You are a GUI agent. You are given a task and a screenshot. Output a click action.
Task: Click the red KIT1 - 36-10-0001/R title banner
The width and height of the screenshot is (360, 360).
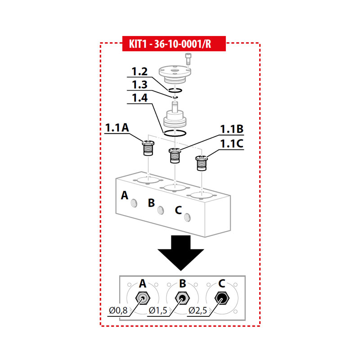point(174,44)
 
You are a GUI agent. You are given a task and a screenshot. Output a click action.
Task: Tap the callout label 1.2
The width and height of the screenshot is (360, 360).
point(139,72)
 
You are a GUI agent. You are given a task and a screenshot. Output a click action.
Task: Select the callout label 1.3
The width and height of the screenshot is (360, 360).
point(139,85)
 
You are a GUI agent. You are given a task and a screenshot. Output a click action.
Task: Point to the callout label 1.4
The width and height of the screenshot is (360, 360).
point(140,98)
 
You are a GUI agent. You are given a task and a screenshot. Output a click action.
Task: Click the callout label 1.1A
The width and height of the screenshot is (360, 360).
point(117,128)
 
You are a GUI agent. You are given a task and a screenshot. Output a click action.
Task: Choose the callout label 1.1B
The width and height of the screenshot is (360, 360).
point(232,129)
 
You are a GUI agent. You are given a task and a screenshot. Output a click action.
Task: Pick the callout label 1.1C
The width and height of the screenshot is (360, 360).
point(232,144)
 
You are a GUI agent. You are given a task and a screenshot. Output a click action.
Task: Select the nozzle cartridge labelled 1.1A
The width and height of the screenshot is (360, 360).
point(148,148)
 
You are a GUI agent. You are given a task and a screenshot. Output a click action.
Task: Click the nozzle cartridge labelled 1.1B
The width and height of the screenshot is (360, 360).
point(175,155)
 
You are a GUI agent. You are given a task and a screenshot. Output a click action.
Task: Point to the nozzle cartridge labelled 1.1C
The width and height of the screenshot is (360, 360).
point(202,163)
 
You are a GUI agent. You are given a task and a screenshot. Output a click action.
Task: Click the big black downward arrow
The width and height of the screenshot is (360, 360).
point(181,253)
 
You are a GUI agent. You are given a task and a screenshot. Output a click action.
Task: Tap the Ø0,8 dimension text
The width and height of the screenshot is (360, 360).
point(118,310)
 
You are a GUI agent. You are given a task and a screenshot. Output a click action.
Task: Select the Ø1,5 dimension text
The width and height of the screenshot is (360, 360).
point(158,310)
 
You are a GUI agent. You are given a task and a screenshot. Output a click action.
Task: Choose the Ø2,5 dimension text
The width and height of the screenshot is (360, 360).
point(198,310)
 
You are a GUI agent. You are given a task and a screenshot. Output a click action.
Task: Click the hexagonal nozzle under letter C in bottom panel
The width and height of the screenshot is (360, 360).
point(222,298)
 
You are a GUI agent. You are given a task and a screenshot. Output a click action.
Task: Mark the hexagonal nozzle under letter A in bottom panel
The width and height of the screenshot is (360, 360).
point(143,298)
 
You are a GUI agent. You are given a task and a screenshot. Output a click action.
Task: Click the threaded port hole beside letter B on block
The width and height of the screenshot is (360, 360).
point(161,210)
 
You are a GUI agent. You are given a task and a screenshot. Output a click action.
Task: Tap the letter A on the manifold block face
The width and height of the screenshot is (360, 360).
point(125,195)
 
